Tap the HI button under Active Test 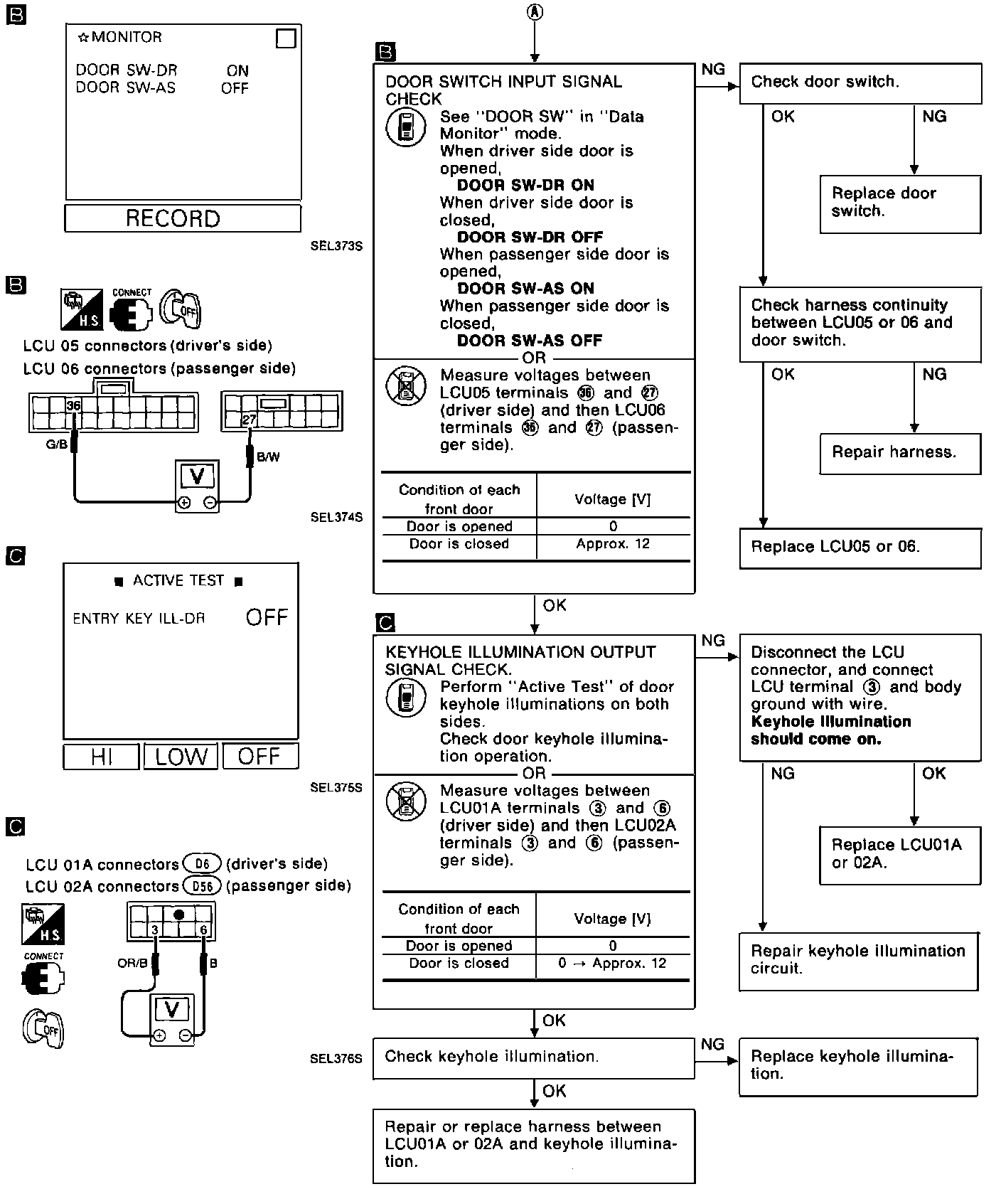tap(101, 757)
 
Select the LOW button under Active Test tap(181, 757)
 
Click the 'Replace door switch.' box tap(900, 203)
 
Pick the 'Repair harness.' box tap(900, 453)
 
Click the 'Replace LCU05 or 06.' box tap(860, 548)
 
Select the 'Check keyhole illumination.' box tap(533, 1057)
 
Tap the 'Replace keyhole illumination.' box tap(858, 1066)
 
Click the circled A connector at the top tap(535, 11)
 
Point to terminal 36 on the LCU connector tap(73, 406)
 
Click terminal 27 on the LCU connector tap(248, 420)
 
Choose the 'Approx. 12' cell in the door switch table tap(613, 545)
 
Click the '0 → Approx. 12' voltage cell tap(613, 964)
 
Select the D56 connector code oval tap(202, 886)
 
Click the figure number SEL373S tap(336, 247)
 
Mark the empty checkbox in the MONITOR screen tap(286, 38)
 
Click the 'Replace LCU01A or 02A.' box tap(900, 854)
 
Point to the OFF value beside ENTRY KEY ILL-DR tap(267, 618)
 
